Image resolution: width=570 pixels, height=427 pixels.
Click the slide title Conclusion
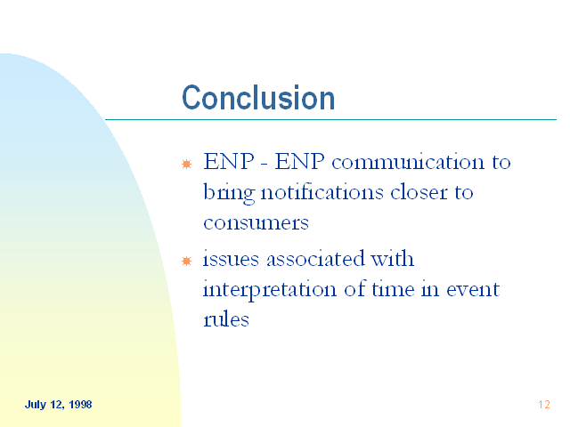tap(258, 97)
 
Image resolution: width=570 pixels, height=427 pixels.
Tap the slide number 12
tap(544, 405)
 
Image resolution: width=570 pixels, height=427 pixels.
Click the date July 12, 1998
tap(58, 405)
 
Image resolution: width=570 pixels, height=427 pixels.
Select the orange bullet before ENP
tap(186, 164)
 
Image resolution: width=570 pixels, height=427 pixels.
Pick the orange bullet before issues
tap(186, 261)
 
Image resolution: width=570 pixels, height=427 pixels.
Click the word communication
tap(408, 162)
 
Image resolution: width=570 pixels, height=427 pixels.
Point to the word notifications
tap(322, 192)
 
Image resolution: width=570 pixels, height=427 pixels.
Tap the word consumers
tap(256, 222)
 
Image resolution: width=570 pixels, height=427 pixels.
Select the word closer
tap(419, 192)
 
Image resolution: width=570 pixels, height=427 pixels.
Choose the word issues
tap(231, 259)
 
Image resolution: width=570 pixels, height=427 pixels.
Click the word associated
tap(315, 259)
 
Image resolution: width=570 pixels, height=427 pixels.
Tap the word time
tap(393, 289)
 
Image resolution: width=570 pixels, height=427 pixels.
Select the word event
tap(473, 290)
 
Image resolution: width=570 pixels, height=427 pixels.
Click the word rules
tap(226, 319)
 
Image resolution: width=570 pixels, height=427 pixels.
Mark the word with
tap(392, 259)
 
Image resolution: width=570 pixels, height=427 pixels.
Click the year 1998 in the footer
tap(80, 405)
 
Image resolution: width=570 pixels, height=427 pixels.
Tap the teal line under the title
tap(330, 119)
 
